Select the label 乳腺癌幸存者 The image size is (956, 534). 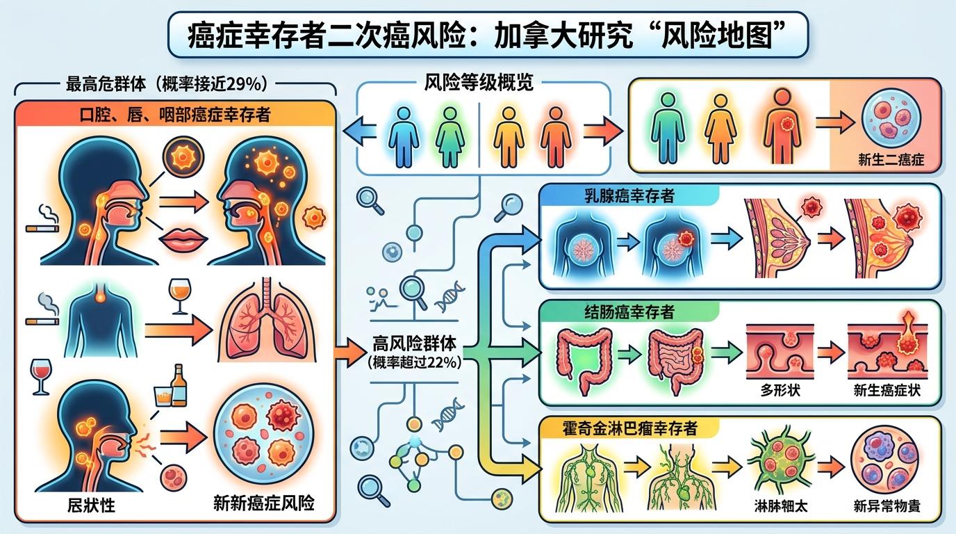click(629, 196)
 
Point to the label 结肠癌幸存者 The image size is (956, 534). click(629, 312)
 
